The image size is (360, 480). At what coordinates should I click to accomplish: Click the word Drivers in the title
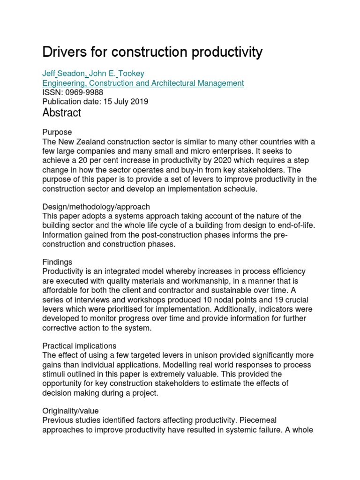click(64, 52)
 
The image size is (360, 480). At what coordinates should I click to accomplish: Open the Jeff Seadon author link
click(64, 74)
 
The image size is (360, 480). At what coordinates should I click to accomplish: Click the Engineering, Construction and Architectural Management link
click(143, 83)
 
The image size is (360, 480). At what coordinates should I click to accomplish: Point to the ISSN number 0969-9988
click(85, 92)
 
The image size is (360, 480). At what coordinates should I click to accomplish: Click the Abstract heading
click(61, 113)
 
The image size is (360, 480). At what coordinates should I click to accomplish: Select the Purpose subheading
click(57, 132)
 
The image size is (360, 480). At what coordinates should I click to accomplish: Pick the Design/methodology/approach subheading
click(96, 206)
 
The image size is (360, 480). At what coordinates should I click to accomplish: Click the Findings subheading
click(57, 262)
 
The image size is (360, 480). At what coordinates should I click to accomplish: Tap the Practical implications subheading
click(79, 345)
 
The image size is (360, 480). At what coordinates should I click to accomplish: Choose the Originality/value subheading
click(70, 411)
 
